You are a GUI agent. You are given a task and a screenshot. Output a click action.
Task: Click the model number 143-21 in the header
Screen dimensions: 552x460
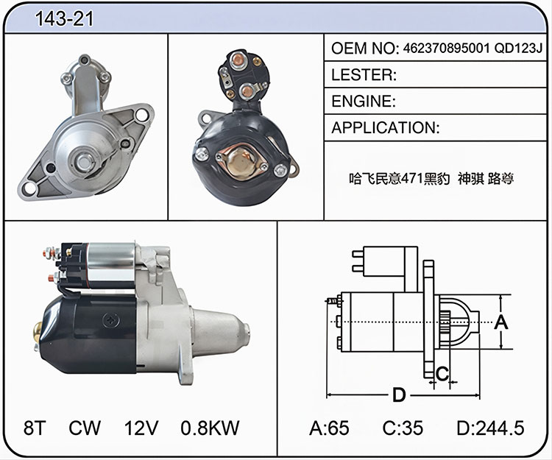65,18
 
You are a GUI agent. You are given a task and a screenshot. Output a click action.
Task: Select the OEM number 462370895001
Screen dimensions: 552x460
447,49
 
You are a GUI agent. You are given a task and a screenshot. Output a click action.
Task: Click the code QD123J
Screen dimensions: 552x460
519,49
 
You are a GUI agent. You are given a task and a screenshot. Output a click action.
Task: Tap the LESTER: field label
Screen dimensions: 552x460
364,74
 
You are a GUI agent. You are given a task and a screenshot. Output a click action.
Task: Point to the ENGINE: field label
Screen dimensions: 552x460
364,102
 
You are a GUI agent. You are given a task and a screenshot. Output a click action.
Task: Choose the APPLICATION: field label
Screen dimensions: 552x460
386,128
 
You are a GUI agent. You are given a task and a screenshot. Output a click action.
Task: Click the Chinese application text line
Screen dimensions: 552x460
431,179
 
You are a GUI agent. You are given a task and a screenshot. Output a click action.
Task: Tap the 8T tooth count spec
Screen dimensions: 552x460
35,428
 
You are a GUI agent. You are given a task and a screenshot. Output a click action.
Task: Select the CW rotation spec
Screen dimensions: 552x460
85,428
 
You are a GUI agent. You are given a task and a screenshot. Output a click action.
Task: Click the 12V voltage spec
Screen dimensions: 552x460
141,428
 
